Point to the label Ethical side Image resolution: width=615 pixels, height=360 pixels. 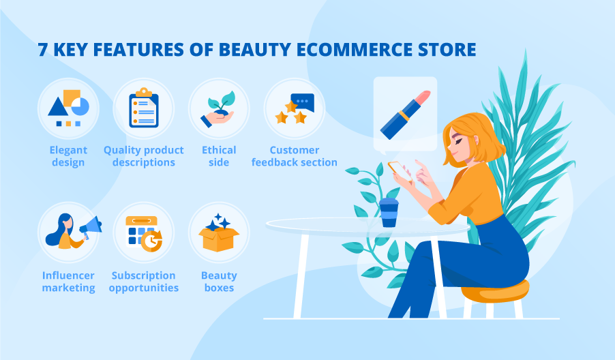[x=219, y=156]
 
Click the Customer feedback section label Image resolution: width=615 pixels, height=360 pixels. [x=294, y=156]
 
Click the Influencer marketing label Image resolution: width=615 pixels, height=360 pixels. [x=68, y=282]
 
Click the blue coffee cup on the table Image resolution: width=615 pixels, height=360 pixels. [x=389, y=212]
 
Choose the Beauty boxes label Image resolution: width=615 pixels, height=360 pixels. [x=219, y=282]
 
